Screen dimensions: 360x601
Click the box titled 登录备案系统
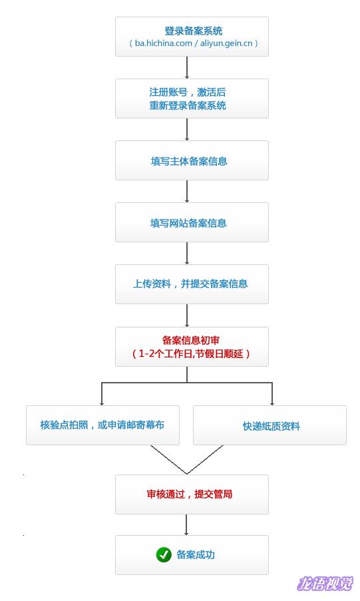click(192, 37)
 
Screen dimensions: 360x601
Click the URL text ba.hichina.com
click(163, 43)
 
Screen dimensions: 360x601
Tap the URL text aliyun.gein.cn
click(226, 43)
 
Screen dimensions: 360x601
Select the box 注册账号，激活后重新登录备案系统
click(192, 99)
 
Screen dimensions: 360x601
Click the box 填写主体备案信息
click(192, 160)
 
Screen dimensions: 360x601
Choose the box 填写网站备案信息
click(192, 222)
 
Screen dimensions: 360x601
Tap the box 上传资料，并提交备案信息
click(192, 284)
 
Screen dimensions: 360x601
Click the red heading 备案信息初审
click(191, 340)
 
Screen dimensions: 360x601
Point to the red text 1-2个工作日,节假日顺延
click(191, 353)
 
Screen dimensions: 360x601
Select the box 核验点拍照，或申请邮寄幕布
click(102, 425)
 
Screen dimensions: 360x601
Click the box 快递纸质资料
click(270, 425)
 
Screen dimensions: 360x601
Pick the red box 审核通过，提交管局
click(192, 495)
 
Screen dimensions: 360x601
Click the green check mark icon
click(164, 554)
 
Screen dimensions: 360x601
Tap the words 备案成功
click(196, 554)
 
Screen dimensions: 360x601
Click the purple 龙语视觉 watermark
click(325, 584)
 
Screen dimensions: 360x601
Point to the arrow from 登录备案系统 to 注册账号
click(187, 67)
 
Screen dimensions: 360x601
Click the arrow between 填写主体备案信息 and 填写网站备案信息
click(187, 191)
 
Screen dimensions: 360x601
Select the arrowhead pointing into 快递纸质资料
click(272, 403)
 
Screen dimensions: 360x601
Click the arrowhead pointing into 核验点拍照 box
click(102, 403)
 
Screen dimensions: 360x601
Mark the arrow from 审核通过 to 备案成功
click(186, 524)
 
